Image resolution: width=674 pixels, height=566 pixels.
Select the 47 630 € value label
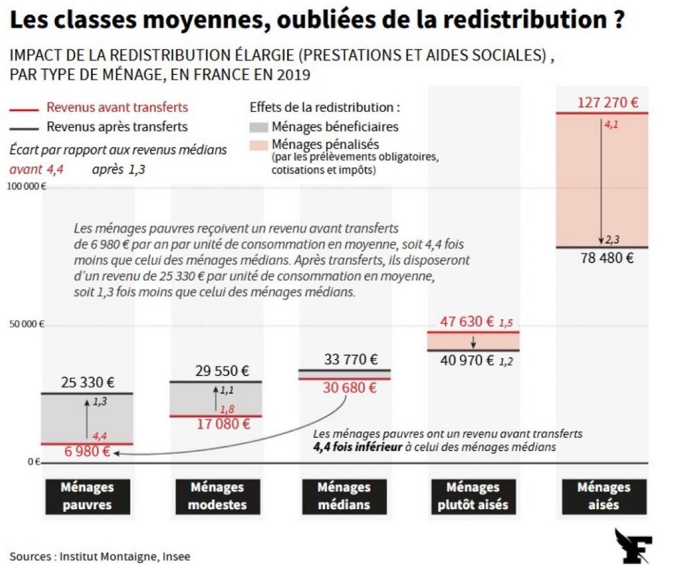(467, 321)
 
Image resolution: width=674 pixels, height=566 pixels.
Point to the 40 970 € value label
(467, 361)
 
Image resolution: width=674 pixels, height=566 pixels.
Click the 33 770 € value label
(351, 360)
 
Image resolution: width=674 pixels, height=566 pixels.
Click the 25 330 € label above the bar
(87, 382)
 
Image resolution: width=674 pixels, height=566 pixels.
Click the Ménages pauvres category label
(87, 496)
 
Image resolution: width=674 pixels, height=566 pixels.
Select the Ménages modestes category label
(216, 496)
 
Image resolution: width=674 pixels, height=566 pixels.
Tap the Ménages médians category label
(344, 496)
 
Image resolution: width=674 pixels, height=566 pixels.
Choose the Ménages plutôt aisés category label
(473, 496)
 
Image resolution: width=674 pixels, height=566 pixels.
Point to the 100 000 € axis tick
(27, 186)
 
